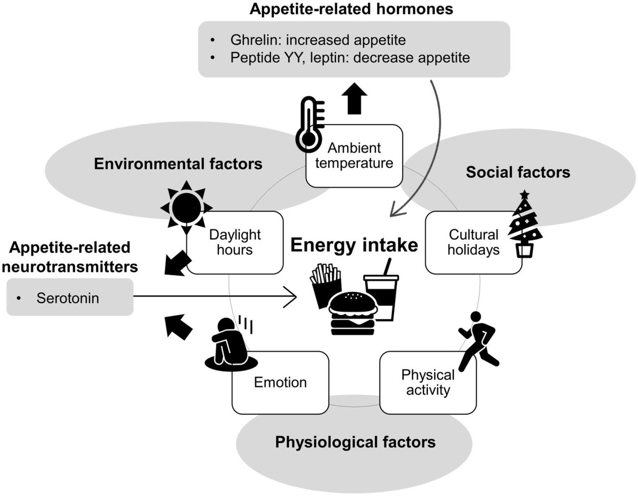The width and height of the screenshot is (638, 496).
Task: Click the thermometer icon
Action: click(309, 124)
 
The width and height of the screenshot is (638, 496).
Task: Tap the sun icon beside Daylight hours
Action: click(186, 208)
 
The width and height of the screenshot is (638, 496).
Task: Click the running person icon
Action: click(478, 342)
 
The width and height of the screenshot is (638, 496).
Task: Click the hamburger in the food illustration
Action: click(352, 314)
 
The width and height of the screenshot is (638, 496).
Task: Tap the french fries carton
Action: click(326, 286)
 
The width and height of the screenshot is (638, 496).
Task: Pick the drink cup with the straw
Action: click(382, 290)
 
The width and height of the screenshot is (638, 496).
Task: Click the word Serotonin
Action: click(68, 298)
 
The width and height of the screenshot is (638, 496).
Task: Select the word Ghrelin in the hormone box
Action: click(255, 40)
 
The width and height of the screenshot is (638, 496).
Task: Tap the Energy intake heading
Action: click(354, 245)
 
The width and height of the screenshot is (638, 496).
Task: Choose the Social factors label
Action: click(518, 172)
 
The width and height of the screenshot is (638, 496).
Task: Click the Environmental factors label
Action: click(178, 164)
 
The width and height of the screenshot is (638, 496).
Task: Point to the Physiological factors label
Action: click(355, 442)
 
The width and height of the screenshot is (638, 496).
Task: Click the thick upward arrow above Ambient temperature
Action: click(354, 99)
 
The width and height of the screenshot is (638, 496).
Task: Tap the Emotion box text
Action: click(281, 382)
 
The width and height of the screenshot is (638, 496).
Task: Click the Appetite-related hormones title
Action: click(351, 9)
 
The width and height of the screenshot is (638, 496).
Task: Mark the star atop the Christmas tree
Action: click(524, 194)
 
